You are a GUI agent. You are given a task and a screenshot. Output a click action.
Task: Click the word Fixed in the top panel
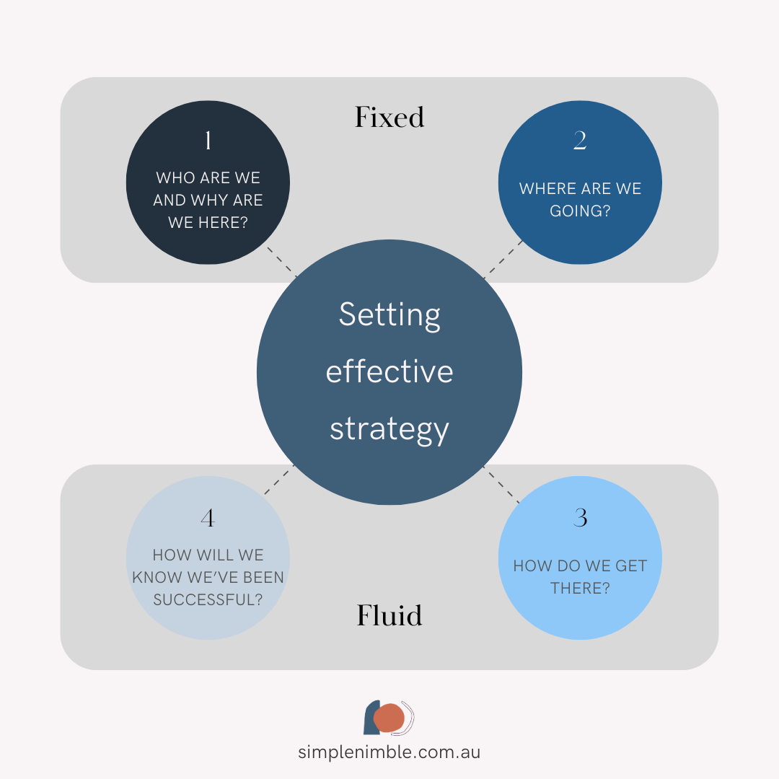tap(389, 117)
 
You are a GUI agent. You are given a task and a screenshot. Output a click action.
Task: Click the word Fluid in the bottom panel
tap(389, 615)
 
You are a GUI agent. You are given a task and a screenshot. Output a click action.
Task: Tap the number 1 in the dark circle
tap(208, 141)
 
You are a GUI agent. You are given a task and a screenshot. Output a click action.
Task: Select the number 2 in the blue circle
tap(580, 141)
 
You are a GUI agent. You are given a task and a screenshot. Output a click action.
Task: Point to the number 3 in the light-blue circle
tap(580, 518)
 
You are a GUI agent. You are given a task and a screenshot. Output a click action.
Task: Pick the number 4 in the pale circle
tap(208, 518)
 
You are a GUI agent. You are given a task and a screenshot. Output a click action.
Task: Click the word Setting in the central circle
tap(389, 315)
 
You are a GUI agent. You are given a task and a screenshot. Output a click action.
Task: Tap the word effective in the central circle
tap(389, 371)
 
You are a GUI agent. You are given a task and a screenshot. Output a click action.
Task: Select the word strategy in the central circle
tap(389, 428)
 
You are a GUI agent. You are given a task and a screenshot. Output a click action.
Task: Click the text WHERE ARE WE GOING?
tap(580, 200)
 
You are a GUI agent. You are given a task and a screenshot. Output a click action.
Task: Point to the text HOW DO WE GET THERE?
tap(580, 577)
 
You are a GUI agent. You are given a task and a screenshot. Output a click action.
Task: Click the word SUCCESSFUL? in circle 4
tap(208, 600)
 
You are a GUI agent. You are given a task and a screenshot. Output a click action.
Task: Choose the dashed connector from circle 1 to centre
tap(282, 262)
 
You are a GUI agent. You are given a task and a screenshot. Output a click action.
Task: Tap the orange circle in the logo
tap(389, 718)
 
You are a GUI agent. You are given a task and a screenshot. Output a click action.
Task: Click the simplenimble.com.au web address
tap(389, 752)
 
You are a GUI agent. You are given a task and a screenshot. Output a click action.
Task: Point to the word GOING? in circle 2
tap(580, 211)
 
